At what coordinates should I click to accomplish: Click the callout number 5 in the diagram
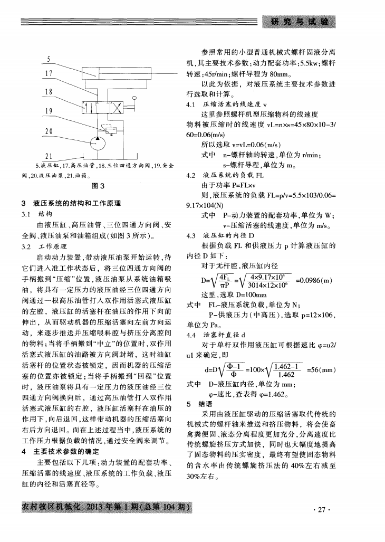coord(49,60)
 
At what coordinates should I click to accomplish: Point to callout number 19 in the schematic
coord(49,111)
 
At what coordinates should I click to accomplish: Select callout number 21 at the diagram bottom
coord(49,156)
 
